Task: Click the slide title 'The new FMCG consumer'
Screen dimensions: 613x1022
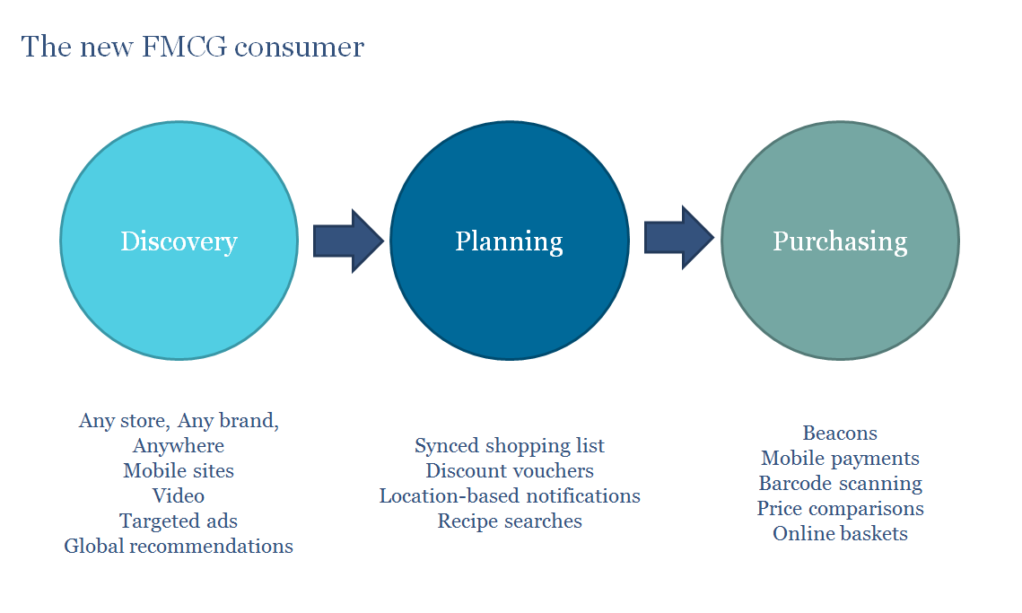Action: (x=192, y=47)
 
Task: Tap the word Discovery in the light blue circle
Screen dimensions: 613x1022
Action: (x=179, y=241)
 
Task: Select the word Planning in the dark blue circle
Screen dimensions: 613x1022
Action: (x=509, y=241)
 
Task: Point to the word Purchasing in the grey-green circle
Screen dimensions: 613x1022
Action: (x=840, y=241)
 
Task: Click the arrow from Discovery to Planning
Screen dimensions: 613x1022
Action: (x=348, y=241)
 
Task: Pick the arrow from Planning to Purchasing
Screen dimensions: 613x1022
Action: (x=678, y=239)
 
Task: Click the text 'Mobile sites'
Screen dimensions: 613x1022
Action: (x=179, y=470)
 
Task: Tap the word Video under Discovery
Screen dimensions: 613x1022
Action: (x=179, y=495)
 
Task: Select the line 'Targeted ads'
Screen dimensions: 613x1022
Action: (x=179, y=521)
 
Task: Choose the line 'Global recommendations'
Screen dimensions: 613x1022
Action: (x=179, y=546)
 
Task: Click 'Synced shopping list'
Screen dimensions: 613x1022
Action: (x=510, y=446)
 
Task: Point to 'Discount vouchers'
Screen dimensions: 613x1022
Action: (x=510, y=470)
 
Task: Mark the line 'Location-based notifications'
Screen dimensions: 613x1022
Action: (x=510, y=495)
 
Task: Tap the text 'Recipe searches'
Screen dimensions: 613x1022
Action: (x=510, y=521)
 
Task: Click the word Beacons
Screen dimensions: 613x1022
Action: (x=840, y=433)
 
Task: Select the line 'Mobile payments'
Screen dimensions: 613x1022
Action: (x=840, y=459)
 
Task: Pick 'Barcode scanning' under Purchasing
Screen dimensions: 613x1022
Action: (x=840, y=484)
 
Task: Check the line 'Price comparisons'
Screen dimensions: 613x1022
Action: (x=840, y=509)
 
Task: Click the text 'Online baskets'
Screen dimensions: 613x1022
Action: (x=840, y=534)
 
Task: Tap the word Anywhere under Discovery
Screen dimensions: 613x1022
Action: (x=179, y=445)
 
